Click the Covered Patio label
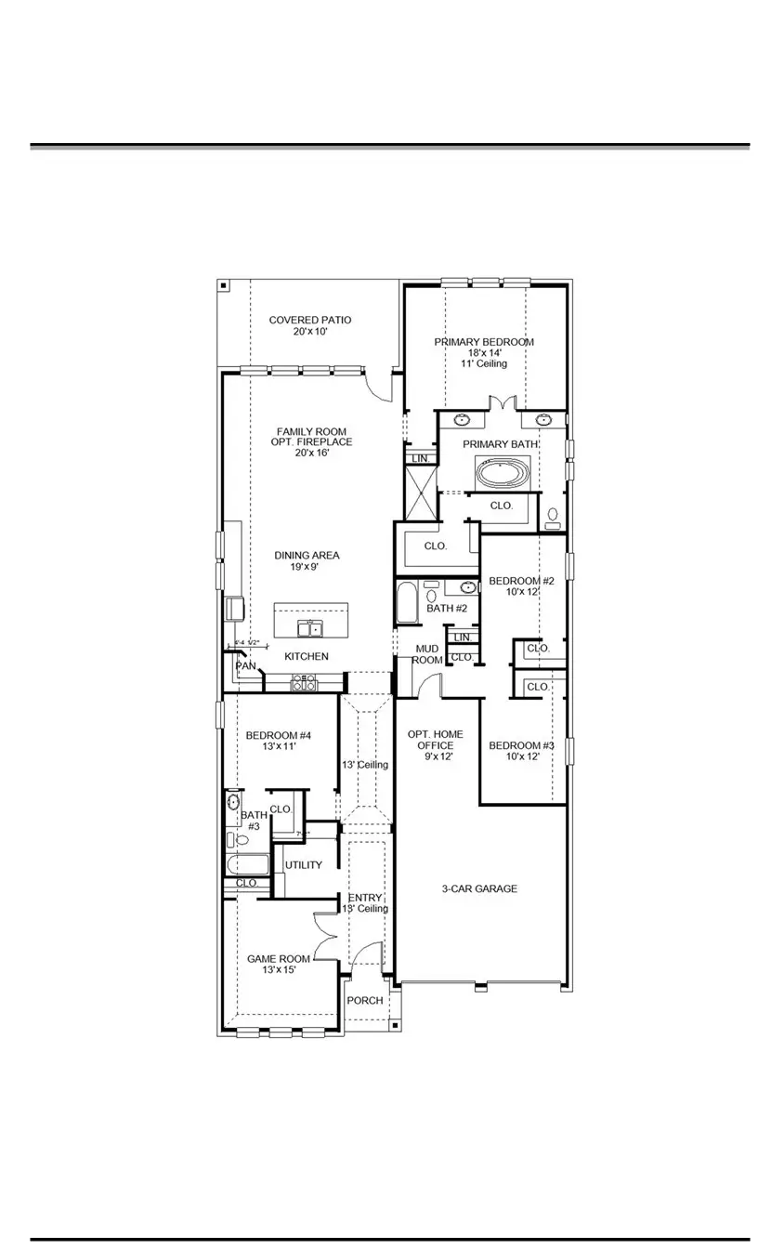pyautogui.click(x=310, y=320)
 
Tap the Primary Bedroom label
pyautogui.click(x=484, y=342)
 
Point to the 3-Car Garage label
pyautogui.click(x=479, y=888)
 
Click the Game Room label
pyautogui.click(x=278, y=958)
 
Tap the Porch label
pyautogui.click(x=364, y=1001)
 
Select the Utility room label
pyautogui.click(x=304, y=865)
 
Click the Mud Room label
pyautogui.click(x=427, y=653)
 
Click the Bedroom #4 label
pyautogui.click(x=278, y=735)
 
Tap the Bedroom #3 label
pyautogui.click(x=521, y=745)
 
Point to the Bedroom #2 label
pyautogui.click(x=521, y=581)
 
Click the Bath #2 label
pyautogui.click(x=447, y=609)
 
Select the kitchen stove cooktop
pyautogui.click(x=305, y=685)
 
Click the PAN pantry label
pyautogui.click(x=245, y=666)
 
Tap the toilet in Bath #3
pyautogui.click(x=240, y=840)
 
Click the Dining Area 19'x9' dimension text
pyautogui.click(x=307, y=566)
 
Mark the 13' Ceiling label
pyautogui.click(x=365, y=765)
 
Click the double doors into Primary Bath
pyautogui.click(x=502, y=404)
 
